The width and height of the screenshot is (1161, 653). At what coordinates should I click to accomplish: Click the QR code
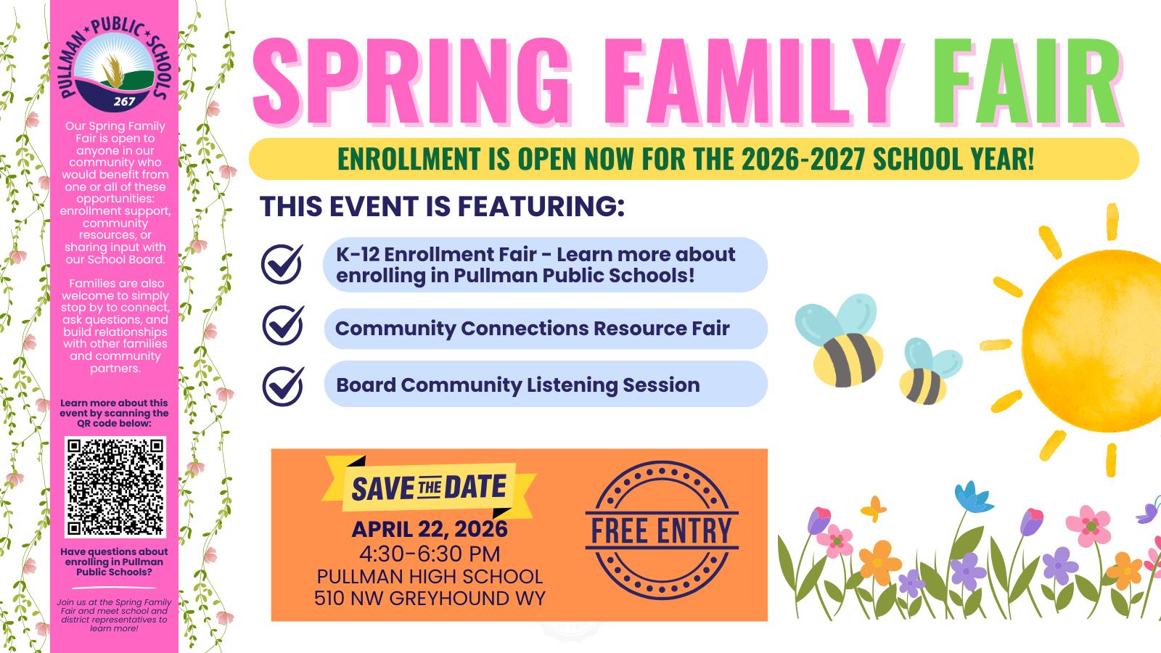(115, 487)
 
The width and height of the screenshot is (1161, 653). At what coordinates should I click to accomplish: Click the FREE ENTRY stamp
(662, 530)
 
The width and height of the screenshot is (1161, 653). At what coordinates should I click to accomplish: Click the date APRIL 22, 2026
(430, 529)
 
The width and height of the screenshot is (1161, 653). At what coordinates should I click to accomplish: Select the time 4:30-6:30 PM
(430, 554)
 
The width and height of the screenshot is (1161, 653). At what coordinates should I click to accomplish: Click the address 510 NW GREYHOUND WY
(430, 598)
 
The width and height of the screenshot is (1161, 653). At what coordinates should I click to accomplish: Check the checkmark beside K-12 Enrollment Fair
(282, 263)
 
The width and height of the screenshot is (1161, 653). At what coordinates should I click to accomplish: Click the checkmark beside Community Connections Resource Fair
(283, 326)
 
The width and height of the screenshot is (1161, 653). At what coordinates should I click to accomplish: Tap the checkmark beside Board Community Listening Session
(283, 387)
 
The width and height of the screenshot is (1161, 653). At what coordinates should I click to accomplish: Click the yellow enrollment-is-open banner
(694, 159)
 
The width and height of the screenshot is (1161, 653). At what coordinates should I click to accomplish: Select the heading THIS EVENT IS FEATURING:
(442, 206)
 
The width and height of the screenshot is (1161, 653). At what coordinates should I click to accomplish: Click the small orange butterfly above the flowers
(874, 509)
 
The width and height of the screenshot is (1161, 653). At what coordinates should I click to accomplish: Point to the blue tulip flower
(973, 497)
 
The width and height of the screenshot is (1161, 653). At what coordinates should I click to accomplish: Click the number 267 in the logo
(124, 101)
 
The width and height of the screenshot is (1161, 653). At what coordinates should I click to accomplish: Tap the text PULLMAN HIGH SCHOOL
(430, 576)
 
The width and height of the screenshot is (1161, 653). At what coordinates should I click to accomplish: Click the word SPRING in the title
(412, 81)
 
